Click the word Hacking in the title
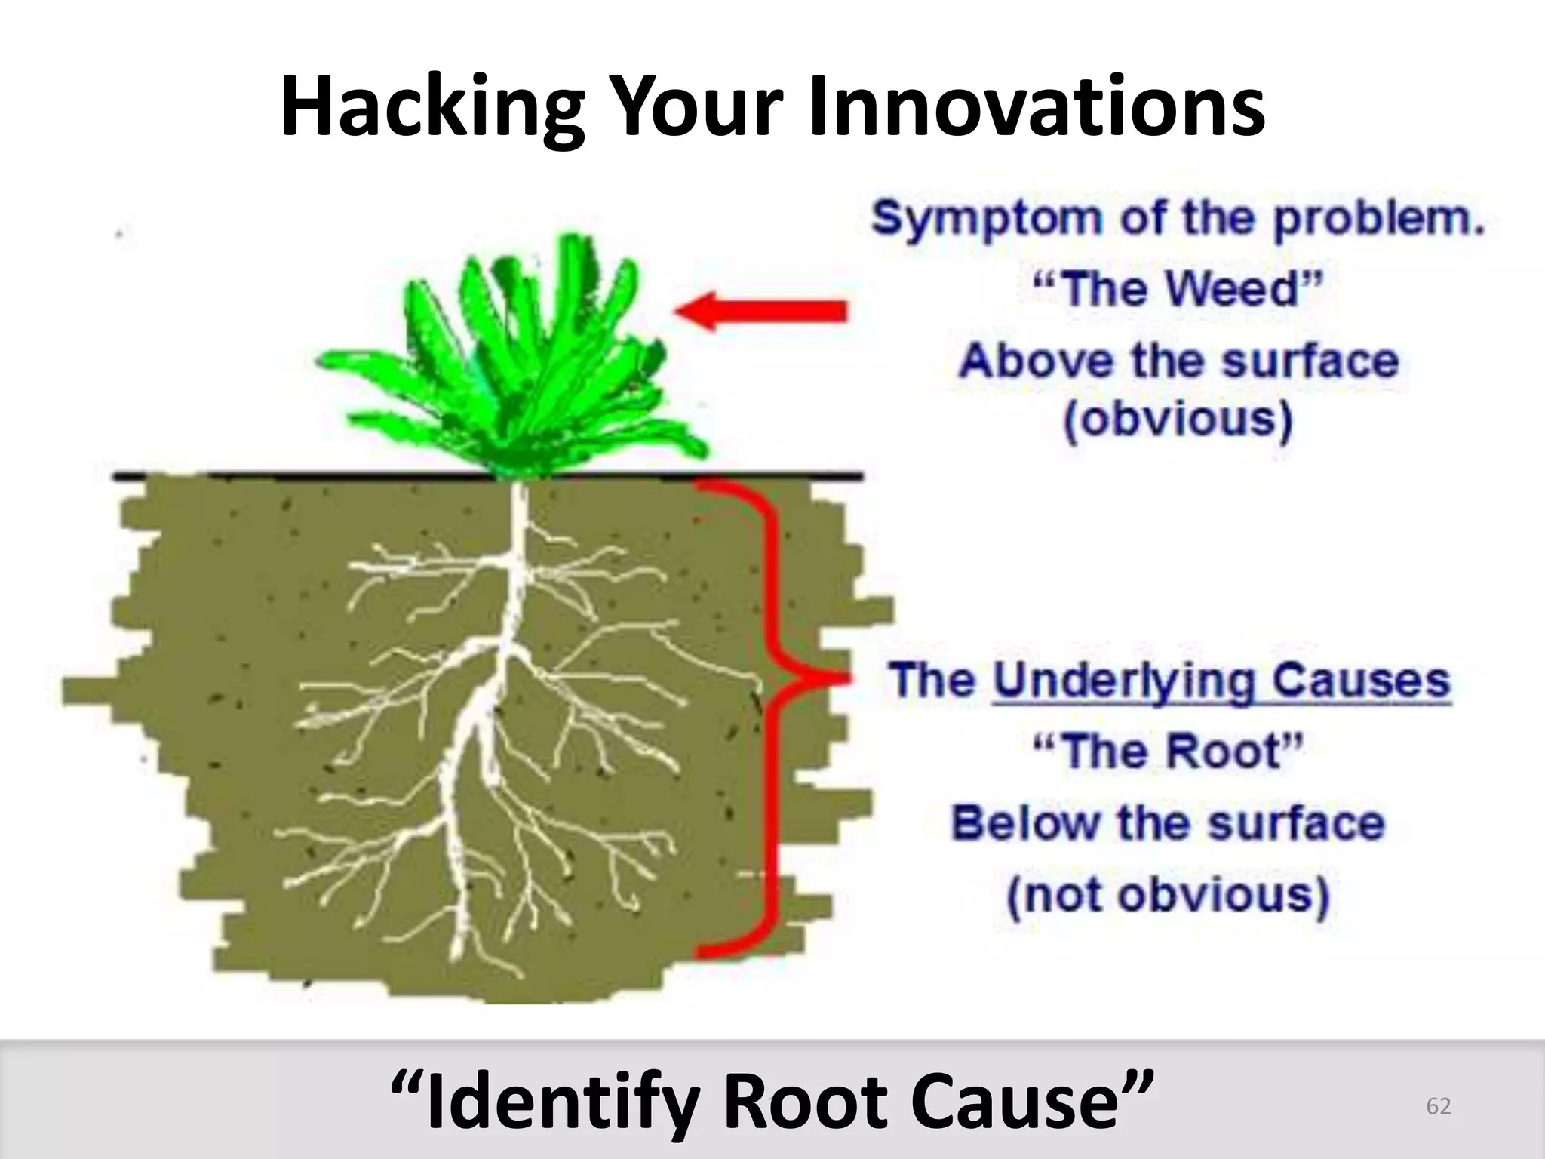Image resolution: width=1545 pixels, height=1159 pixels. [x=431, y=107]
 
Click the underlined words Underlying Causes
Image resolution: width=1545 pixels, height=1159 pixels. [x=1221, y=681]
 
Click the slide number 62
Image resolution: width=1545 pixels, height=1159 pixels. [x=1438, y=1107]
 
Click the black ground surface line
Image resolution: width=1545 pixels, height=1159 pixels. [x=302, y=476]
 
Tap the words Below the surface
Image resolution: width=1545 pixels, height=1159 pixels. [x=1168, y=824]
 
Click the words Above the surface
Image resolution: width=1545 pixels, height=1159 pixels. [x=1178, y=361]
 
